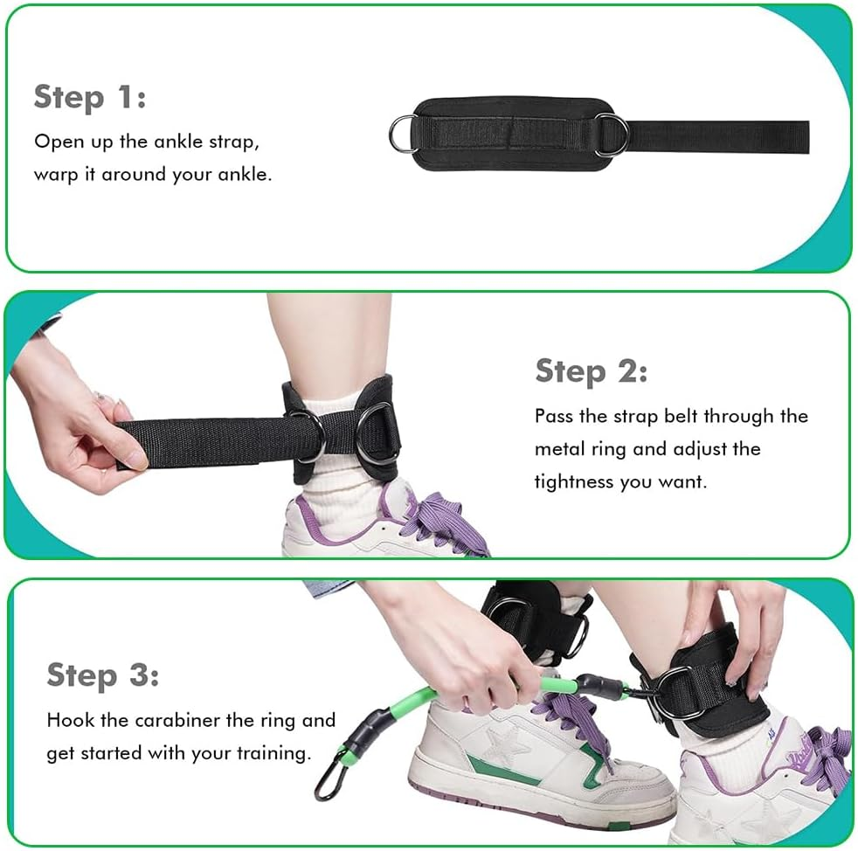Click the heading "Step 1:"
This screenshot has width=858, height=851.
[89, 97]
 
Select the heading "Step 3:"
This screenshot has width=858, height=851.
[102, 675]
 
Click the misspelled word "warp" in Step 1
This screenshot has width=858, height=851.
[53, 174]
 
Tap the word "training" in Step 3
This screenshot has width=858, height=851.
[273, 752]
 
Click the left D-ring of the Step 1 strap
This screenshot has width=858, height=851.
[403, 135]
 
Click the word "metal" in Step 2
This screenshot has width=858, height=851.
[560, 449]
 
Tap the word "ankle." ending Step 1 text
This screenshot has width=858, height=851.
[245, 174]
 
